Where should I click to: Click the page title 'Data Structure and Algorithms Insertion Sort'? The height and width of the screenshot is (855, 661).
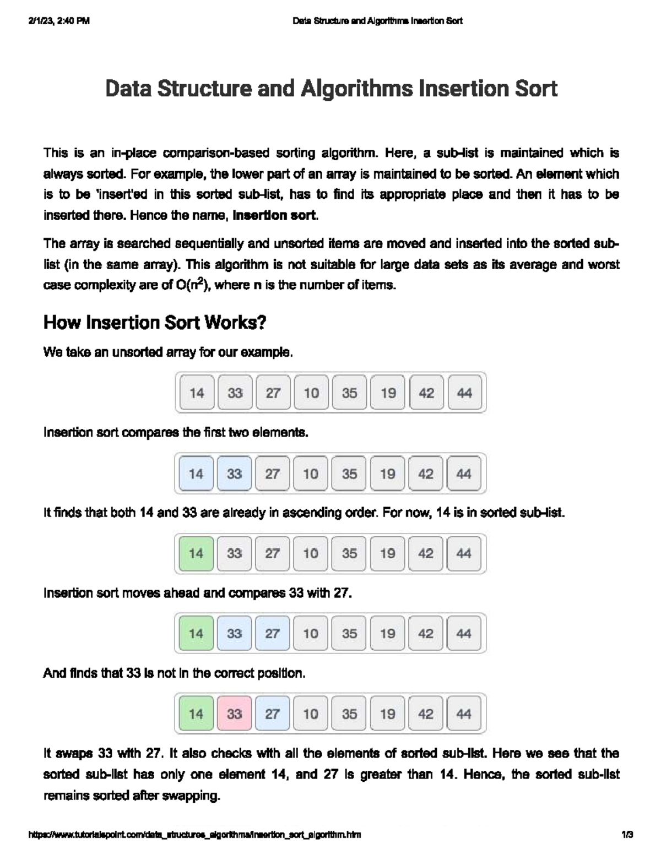(x=331, y=89)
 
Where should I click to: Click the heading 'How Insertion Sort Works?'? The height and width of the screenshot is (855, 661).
(x=155, y=323)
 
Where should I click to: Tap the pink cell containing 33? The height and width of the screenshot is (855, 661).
(x=235, y=714)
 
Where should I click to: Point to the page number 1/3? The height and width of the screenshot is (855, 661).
(x=626, y=835)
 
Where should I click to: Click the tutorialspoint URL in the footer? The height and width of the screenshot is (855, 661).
(x=194, y=835)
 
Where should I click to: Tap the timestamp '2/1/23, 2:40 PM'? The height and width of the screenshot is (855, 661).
(x=58, y=21)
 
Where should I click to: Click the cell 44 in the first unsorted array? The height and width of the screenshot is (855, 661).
(x=464, y=393)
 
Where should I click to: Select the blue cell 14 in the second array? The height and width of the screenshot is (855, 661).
(x=196, y=474)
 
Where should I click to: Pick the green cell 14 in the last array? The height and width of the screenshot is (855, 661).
(x=196, y=714)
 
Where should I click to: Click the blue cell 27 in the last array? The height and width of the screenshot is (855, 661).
(x=273, y=714)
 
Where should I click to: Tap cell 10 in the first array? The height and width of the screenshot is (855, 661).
(x=311, y=393)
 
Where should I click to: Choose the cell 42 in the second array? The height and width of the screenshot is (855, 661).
(x=426, y=474)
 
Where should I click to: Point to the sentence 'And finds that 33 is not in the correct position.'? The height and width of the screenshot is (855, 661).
(x=174, y=673)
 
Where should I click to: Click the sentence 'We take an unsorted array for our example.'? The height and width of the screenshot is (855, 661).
(x=168, y=352)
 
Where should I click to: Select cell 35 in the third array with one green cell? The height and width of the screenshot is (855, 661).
(x=349, y=553)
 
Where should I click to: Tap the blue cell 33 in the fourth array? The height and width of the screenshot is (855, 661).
(x=235, y=634)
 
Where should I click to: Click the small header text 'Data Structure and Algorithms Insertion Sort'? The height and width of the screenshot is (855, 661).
(x=377, y=21)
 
